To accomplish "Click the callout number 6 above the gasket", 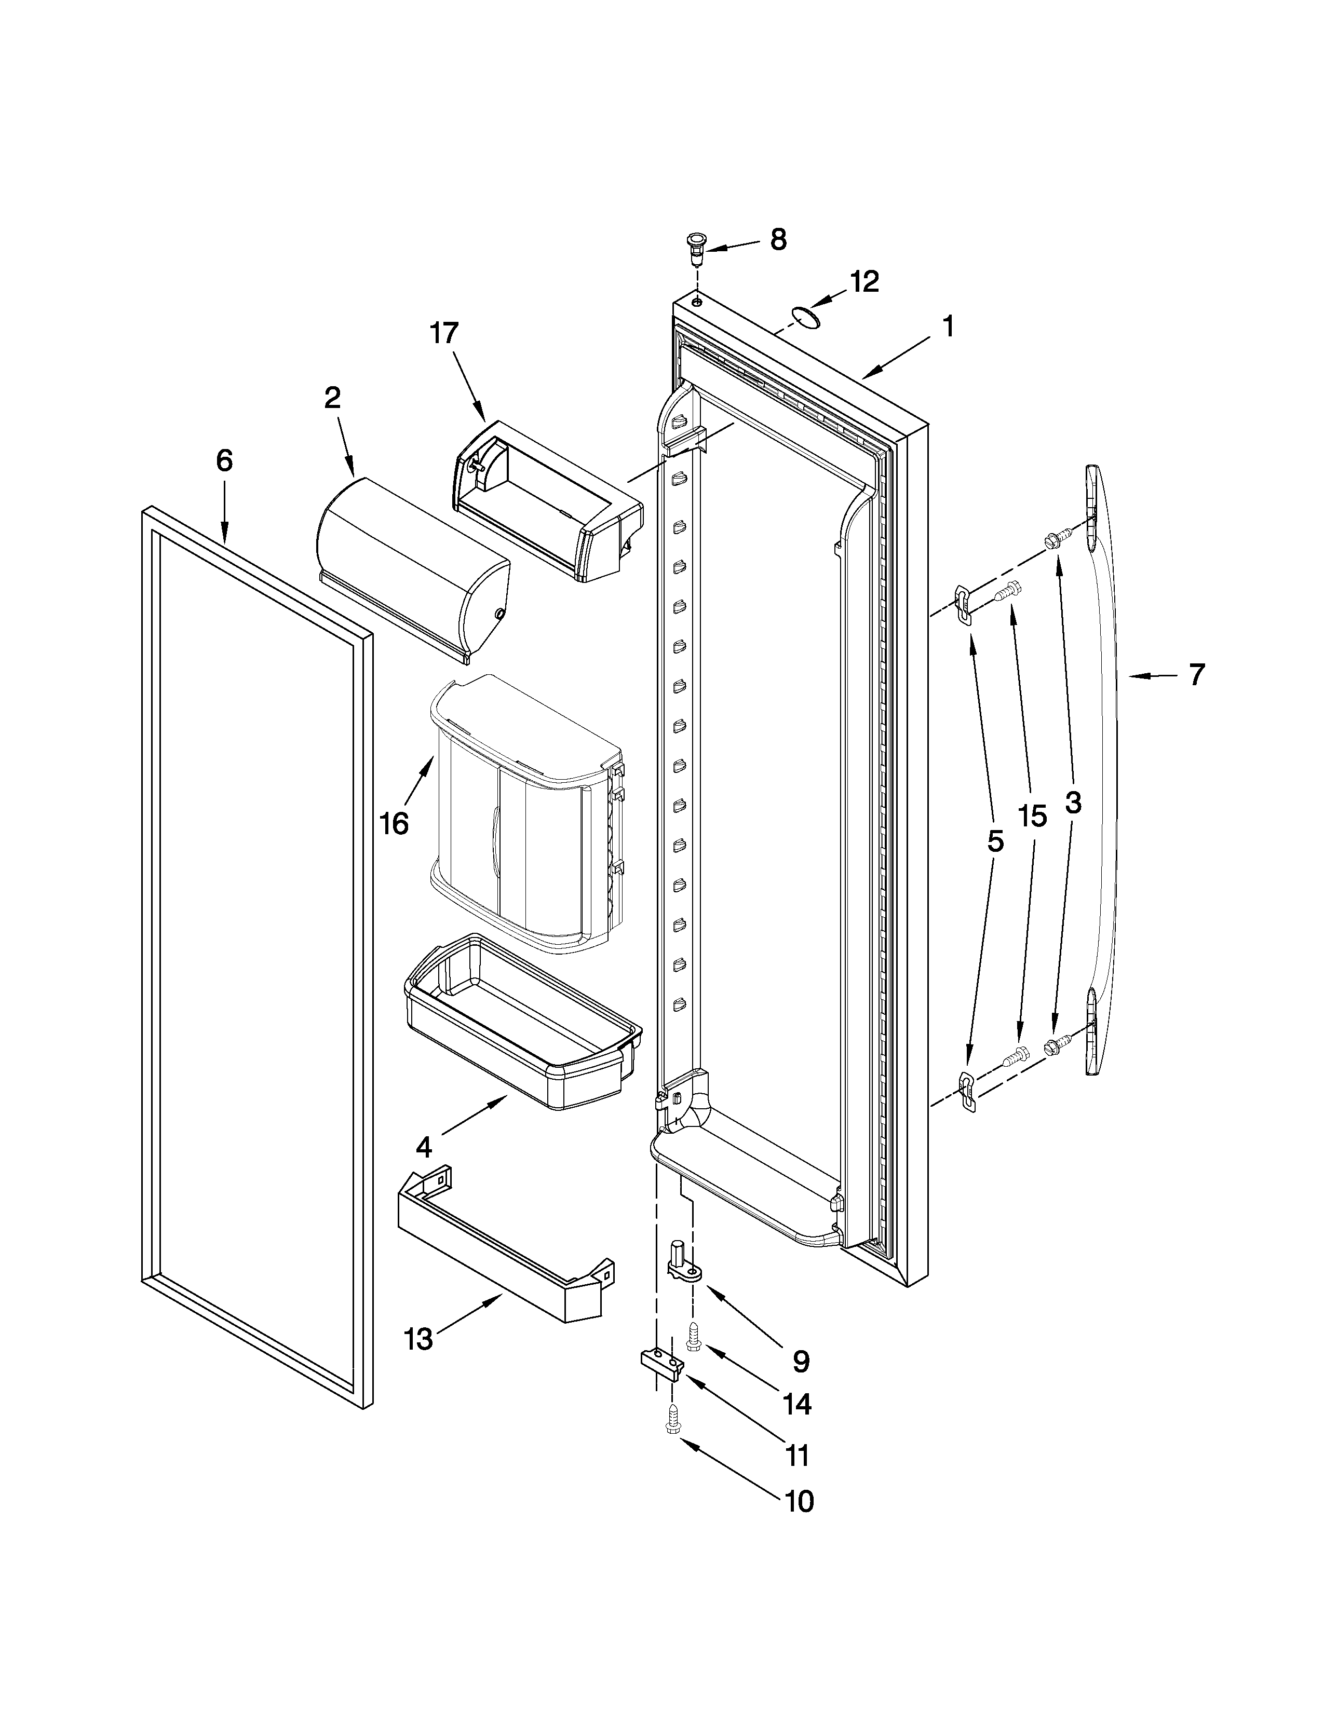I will coord(224,460).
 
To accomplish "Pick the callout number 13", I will coord(419,1339).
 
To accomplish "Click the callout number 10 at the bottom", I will coord(799,1501).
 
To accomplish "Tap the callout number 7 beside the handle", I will coord(1195,674).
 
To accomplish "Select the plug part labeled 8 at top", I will coord(695,249).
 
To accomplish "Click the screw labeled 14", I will coord(693,1334).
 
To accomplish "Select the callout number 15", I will coord(1032,817).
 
